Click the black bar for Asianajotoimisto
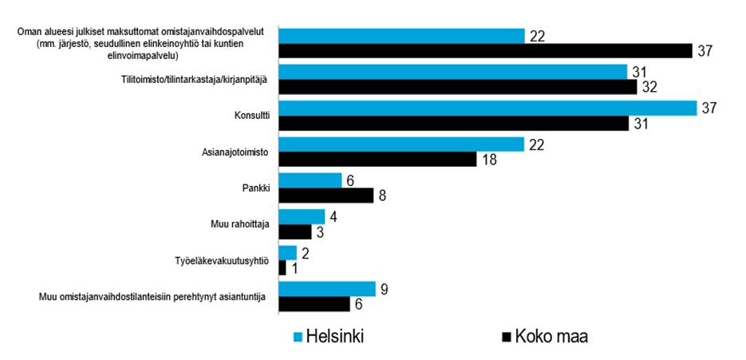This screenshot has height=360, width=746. (x=378, y=159)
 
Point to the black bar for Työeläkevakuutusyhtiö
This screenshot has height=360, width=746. (x=282, y=267)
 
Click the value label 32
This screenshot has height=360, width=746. (x=649, y=87)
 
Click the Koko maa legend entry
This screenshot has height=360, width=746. (x=543, y=336)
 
